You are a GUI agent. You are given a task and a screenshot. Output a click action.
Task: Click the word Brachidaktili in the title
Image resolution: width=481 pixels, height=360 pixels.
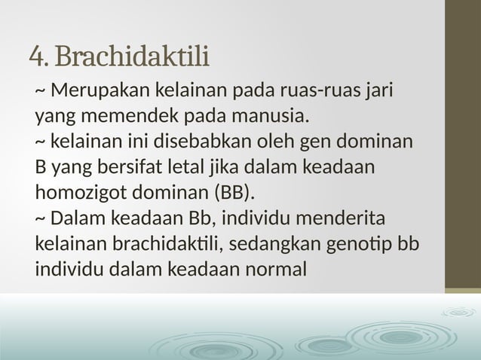(x=133, y=56)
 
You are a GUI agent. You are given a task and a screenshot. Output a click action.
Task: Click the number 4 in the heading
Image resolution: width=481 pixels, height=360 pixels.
(x=35, y=56)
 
